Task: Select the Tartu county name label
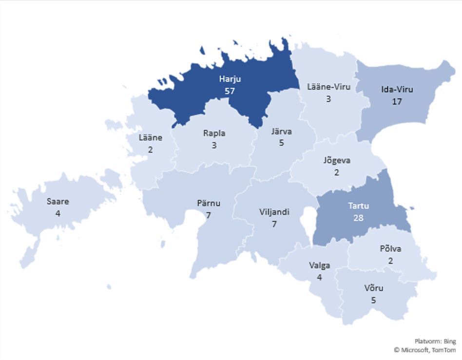[x=358, y=206]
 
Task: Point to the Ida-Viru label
[x=396, y=90]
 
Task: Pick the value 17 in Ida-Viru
[x=396, y=101]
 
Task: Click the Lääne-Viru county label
[x=329, y=87]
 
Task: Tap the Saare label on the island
[x=58, y=202]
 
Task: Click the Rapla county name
[x=214, y=133]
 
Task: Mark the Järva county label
[x=282, y=131]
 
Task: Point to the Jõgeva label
[x=337, y=160]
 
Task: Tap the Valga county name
[x=319, y=265]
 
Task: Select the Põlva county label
[x=390, y=249]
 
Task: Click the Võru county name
[x=373, y=288]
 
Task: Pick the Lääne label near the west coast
[x=150, y=138]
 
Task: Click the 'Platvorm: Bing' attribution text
[x=435, y=341]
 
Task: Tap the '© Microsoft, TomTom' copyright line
[x=425, y=350]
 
